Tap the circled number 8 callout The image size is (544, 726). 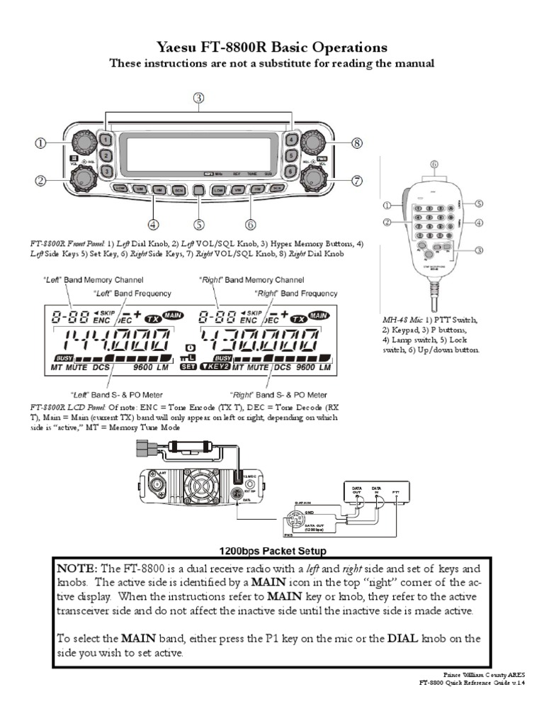[x=357, y=143]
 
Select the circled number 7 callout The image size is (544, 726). [x=357, y=181]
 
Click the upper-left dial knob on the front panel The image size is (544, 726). [x=82, y=143]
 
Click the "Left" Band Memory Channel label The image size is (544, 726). [x=98, y=280]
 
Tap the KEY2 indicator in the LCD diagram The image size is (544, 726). [x=214, y=367]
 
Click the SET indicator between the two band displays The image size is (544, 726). [x=188, y=367]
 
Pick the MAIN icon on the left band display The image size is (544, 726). [x=172, y=314]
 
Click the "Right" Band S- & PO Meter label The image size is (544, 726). [x=278, y=394]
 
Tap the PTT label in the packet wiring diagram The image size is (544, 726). [x=396, y=490]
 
